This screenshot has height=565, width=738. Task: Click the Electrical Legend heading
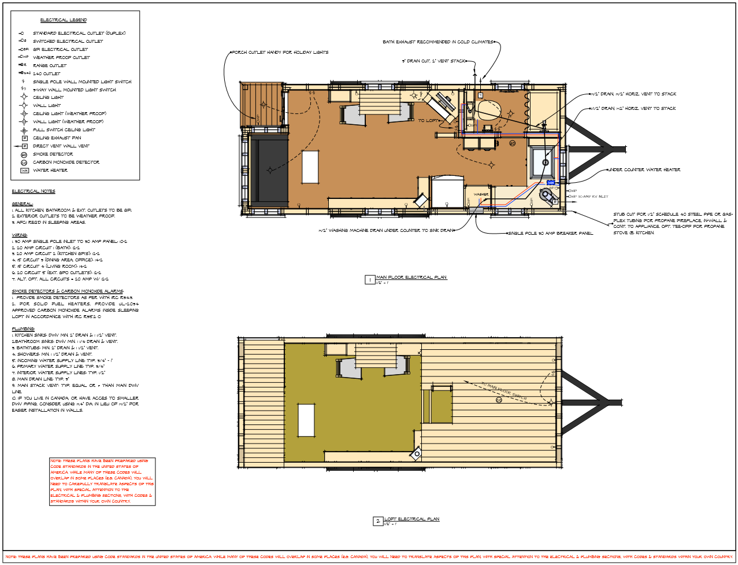(64, 20)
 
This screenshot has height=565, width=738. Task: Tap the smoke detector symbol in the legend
(24, 154)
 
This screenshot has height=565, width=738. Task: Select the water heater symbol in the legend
(24, 171)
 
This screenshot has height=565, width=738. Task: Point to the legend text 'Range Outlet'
(50, 66)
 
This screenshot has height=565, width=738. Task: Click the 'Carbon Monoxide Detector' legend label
(66, 163)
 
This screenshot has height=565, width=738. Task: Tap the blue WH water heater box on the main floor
(550, 183)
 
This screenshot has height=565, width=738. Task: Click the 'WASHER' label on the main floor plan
(481, 194)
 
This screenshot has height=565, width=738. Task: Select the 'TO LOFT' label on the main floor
(428, 121)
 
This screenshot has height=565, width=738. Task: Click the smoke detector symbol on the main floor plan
(512, 143)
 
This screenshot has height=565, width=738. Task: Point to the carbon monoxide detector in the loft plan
(499, 400)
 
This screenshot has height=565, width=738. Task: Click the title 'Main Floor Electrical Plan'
(411, 278)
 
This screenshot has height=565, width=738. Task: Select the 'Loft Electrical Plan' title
(411, 519)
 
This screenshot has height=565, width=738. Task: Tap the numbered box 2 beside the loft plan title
(378, 521)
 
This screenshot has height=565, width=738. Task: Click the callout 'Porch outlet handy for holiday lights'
(280, 53)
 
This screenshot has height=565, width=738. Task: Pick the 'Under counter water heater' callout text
(644, 170)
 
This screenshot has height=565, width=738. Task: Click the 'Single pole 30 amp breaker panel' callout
(550, 234)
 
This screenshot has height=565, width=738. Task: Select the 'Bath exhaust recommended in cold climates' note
(438, 42)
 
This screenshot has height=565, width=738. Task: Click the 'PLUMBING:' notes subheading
(23, 328)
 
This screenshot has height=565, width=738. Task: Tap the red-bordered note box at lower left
(102, 481)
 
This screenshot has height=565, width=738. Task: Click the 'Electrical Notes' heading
(34, 191)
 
